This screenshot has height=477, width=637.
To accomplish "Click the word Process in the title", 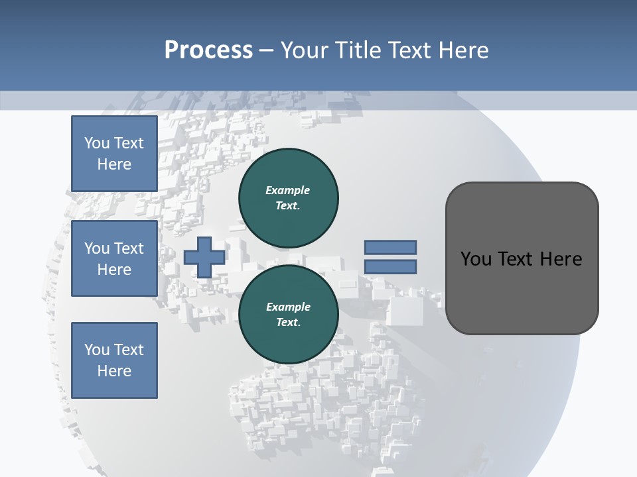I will tap(208, 50).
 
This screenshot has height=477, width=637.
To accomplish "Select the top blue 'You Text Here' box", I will tap(114, 154).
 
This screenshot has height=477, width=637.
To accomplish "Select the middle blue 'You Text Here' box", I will tap(114, 258).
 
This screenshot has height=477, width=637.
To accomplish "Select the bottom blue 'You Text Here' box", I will tap(114, 360).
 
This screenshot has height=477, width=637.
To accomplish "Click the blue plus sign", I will tap(204, 257).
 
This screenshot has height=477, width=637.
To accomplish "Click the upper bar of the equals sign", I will tap(390, 247).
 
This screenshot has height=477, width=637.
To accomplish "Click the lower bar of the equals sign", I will tap(390, 267).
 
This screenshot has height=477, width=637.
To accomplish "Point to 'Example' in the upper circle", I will tap(287, 190).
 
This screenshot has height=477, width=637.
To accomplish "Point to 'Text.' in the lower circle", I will tap(288, 323).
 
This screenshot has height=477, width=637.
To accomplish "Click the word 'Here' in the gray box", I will tap(561, 259).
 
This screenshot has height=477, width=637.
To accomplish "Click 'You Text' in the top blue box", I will tap(114, 143).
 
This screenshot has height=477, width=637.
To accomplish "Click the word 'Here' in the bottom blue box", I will tap(114, 371).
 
